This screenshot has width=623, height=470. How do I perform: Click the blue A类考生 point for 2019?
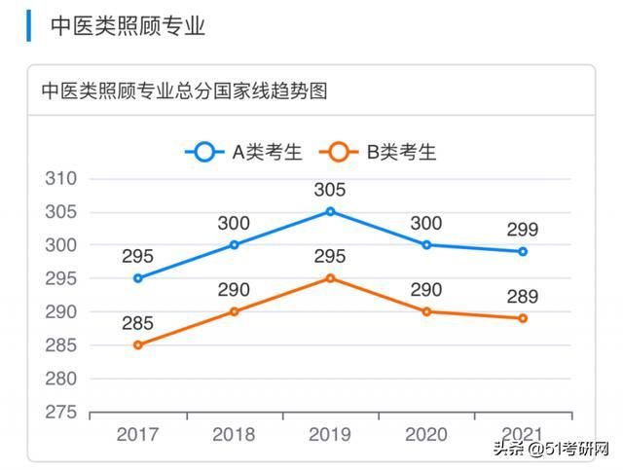330,211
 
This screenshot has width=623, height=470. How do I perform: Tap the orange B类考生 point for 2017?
138,344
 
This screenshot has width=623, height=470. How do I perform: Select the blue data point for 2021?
523,251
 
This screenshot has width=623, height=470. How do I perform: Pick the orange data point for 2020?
426,311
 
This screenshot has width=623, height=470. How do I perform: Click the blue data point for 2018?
234,244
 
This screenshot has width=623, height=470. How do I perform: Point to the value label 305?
330,190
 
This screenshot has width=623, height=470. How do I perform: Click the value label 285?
138,323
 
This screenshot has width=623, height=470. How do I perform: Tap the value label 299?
523,230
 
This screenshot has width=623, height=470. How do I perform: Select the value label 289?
523,297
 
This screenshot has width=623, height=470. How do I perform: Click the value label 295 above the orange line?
330,257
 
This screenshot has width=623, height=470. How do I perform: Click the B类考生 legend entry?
381,152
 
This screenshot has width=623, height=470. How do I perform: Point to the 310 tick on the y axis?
60,179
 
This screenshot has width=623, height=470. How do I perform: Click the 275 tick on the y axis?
60,412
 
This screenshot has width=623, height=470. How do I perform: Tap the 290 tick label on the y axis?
60,311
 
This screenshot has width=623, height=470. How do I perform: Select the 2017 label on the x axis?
137,434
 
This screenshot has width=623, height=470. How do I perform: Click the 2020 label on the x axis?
426,434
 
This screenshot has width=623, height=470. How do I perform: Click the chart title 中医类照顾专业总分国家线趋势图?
184,91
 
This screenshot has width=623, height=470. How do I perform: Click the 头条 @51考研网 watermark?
551,449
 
